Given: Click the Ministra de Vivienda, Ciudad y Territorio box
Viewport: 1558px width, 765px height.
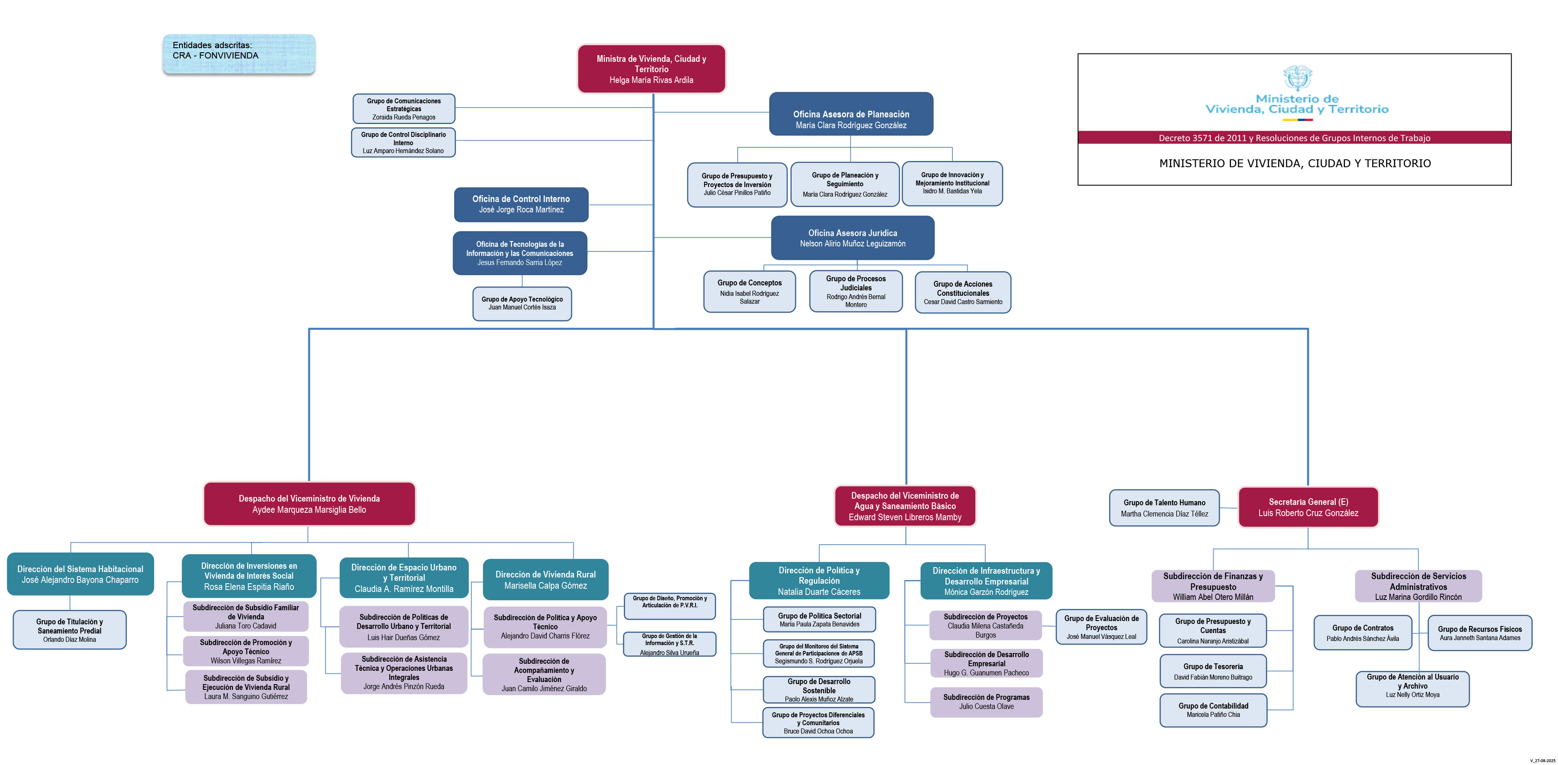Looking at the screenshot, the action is coord(652,69).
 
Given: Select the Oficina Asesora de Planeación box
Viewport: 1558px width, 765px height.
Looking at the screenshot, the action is coord(851,114).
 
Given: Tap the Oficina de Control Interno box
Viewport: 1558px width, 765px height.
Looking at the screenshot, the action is coord(521,205).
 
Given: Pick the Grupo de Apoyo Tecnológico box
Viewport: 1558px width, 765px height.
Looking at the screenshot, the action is coord(522,303).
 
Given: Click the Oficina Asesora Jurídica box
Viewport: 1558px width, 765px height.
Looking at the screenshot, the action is coord(853,238).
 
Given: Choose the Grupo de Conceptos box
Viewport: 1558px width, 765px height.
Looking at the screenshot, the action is coord(749,292).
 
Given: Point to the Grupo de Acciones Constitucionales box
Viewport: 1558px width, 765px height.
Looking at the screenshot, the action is coord(963,292).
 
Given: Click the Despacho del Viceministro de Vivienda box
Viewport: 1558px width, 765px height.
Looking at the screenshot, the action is coord(309,504).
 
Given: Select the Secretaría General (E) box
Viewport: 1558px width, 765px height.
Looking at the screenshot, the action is coord(1308,507).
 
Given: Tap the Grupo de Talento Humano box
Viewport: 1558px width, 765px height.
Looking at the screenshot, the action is coord(1164,508).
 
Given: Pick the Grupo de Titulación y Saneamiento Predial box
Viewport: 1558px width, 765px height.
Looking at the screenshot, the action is coord(70,629).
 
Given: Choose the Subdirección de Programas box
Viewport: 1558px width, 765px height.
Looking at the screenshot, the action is coord(986,702).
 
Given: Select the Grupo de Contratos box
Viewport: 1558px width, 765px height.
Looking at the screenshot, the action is coord(1363,633).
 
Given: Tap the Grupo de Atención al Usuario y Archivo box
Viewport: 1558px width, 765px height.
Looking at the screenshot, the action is coord(1413,689).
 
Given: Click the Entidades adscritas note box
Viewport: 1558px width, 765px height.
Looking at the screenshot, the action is coord(239,54).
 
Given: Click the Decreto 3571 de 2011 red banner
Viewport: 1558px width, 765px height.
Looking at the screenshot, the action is coord(1294,137).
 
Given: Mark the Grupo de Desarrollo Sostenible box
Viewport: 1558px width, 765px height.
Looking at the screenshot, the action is coord(819,690).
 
